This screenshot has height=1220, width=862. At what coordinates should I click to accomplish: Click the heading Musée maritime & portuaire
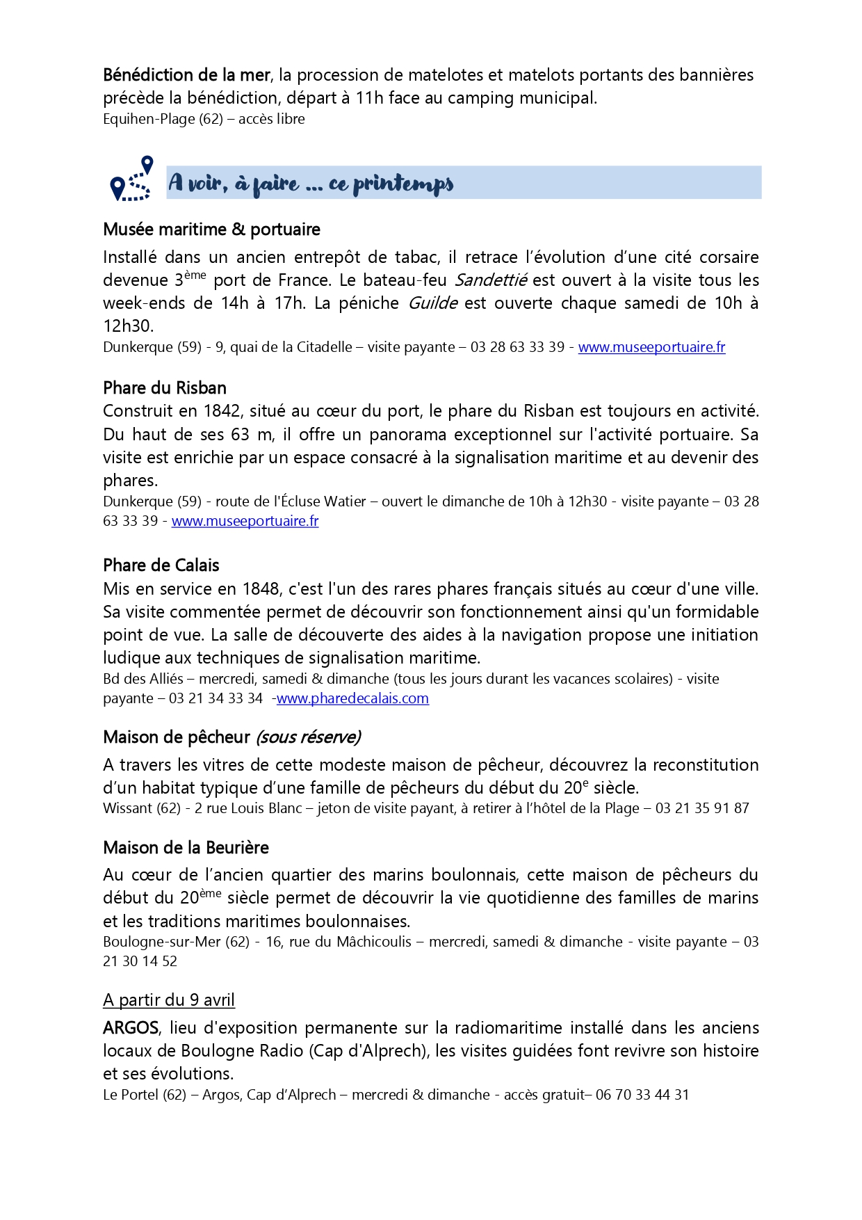click(x=211, y=230)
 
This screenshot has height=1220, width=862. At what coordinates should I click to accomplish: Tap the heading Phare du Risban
click(x=165, y=388)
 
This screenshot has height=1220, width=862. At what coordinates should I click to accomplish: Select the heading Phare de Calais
click(x=161, y=565)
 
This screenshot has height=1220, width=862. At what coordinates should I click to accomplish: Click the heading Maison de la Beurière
click(x=186, y=848)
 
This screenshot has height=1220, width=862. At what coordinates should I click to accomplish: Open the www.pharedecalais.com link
click(x=352, y=698)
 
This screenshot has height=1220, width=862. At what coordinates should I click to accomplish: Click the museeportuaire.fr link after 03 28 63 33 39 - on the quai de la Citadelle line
click(x=651, y=347)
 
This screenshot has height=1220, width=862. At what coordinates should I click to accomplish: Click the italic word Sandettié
click(x=491, y=280)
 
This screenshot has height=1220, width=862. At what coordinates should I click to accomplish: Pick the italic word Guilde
click(x=432, y=303)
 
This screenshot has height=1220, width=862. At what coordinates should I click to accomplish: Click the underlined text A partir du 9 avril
click(x=169, y=1000)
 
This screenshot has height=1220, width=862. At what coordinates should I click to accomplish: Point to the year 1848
click(x=261, y=589)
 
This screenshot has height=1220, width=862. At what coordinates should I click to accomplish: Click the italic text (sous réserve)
click(x=308, y=737)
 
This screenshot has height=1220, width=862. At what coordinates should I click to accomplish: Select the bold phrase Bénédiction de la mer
click(x=186, y=75)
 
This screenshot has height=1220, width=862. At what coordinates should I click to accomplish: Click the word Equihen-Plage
click(x=149, y=119)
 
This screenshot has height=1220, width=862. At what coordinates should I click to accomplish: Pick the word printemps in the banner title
click(x=403, y=184)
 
